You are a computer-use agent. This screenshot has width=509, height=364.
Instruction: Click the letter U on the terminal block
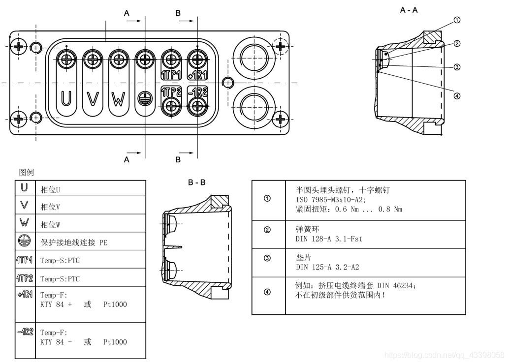tap(66, 98)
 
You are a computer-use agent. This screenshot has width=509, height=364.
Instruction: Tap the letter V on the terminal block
tap(92, 98)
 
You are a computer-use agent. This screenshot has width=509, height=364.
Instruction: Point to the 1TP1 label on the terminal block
tap(171, 75)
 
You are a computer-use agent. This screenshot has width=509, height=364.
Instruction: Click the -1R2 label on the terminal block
tap(198, 91)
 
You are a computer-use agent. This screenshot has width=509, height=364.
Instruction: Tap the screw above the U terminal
tap(66, 60)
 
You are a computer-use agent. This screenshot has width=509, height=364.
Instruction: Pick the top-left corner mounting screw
tap(19, 47)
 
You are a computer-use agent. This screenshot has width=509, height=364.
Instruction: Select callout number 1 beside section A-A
tap(457, 20)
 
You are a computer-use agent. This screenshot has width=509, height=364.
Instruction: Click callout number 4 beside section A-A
tap(457, 95)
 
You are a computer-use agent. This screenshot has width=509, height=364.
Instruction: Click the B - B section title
tap(197, 182)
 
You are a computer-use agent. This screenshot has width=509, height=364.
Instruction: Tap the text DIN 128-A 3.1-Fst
tap(329, 239)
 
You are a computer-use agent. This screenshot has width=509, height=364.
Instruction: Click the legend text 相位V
tap(50, 207)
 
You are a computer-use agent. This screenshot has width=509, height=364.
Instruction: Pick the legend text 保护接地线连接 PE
tap(73, 243)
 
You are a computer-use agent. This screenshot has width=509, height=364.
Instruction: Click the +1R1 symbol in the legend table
tap(24, 294)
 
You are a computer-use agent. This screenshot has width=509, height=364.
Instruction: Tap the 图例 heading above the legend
tap(26, 173)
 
